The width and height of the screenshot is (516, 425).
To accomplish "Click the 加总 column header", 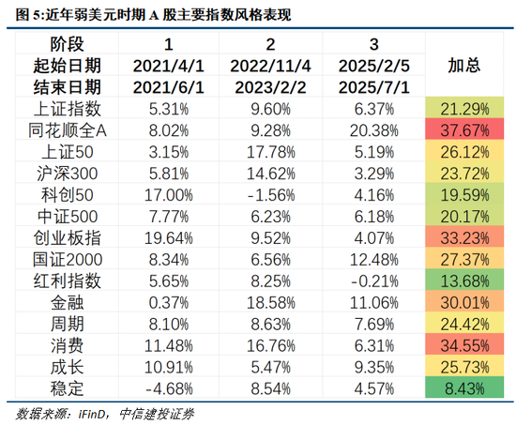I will coord(465,64).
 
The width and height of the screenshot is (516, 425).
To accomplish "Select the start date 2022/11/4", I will coord(270,65).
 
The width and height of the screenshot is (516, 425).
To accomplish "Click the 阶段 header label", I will coord(68,44).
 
